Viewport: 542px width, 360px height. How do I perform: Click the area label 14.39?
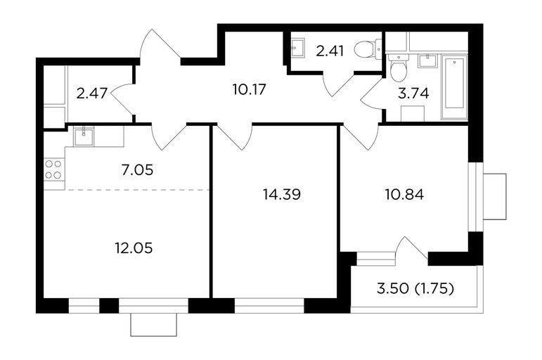(x=282, y=195)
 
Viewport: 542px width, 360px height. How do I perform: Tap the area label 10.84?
(x=404, y=195)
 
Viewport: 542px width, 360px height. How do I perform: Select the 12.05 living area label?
(x=134, y=248)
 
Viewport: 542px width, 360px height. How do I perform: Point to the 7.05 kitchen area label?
(x=138, y=169)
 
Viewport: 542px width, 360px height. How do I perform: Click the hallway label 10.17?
(x=250, y=89)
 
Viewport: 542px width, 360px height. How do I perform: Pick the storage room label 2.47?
(x=92, y=94)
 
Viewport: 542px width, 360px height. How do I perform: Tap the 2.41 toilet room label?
(x=330, y=51)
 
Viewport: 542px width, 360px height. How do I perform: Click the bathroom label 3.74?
(x=413, y=94)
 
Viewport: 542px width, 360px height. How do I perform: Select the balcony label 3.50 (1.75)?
(x=415, y=288)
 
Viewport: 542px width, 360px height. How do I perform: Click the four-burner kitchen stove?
(x=53, y=169)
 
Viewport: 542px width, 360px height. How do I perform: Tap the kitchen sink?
(x=84, y=136)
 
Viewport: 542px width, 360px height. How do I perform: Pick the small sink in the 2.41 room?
(x=297, y=48)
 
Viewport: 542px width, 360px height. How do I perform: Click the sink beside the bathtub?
(x=428, y=61)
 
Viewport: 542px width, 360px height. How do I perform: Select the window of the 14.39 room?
(x=270, y=305)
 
